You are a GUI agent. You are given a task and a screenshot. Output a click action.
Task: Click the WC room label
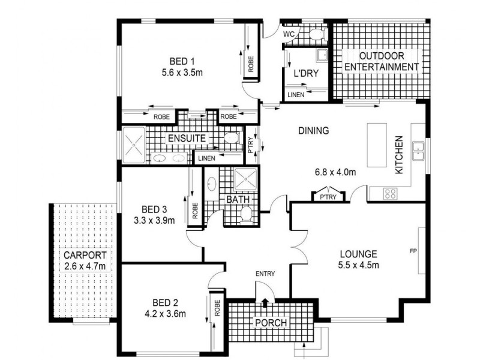pyautogui.click(x=289, y=34)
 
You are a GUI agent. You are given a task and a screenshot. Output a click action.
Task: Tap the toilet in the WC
pyautogui.click(x=318, y=34)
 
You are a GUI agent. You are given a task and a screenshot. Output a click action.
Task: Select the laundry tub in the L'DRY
pyautogui.click(x=322, y=55)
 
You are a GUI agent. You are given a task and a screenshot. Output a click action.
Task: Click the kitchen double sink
pyautogui.click(x=418, y=151)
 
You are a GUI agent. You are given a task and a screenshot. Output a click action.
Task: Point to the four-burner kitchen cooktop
pyautogui.click(x=391, y=193)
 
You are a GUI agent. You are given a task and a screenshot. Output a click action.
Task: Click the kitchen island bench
pyautogui.click(x=377, y=145)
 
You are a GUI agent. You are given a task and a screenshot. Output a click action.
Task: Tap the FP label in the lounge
pyautogui.click(x=413, y=251)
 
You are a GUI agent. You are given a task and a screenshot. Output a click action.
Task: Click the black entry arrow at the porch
pyautogui.click(x=265, y=302)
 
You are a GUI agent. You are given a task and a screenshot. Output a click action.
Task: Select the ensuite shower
pyautogui.click(x=134, y=145)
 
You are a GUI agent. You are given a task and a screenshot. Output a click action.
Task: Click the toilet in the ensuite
pyautogui.click(x=233, y=138)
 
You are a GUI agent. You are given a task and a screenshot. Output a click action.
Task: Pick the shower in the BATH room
pyautogui.click(x=245, y=179)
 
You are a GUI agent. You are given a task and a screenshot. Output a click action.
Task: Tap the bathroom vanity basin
pyautogui.click(x=212, y=184)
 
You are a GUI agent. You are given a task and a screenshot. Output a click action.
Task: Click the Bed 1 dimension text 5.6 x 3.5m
pyautogui.click(x=182, y=73)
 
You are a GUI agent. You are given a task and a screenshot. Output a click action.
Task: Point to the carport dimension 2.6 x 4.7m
pyautogui.click(x=85, y=266)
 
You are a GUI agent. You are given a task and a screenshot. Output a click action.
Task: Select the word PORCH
pyautogui.click(x=271, y=323)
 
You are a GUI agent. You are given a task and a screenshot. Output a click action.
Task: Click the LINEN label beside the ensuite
pyautogui.click(x=206, y=158)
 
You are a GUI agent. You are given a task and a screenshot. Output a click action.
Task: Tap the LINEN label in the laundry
pyautogui.click(x=296, y=95)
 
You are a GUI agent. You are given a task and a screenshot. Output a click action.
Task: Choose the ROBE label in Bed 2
pyautogui.click(x=217, y=308)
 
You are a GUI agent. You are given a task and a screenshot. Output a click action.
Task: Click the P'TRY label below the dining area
pyautogui.click(x=328, y=197)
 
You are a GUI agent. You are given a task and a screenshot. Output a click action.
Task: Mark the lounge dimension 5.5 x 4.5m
pyautogui.click(x=358, y=265)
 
